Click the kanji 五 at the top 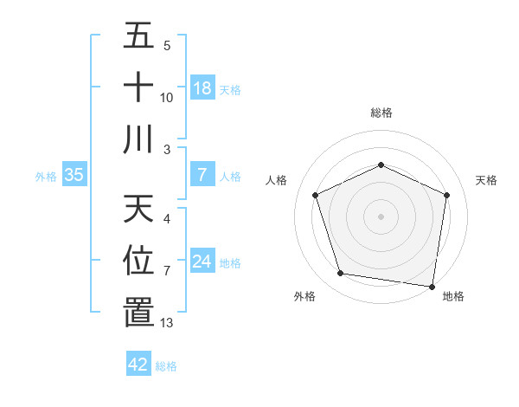click(x=139, y=36)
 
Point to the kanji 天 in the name click(x=139, y=209)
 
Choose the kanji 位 click(x=139, y=260)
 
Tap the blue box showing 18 click(x=202, y=88)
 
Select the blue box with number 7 click(x=202, y=175)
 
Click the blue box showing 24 click(x=202, y=262)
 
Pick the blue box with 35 click(x=74, y=175)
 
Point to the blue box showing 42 click(x=138, y=365)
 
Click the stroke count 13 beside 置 click(x=167, y=323)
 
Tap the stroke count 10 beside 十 click(x=167, y=98)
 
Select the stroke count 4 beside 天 click(x=167, y=219)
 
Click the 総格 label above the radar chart click(x=381, y=113)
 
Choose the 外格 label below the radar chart click(x=304, y=296)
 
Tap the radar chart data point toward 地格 click(x=432, y=286)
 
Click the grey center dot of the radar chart click(x=381, y=216)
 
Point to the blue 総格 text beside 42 click(x=166, y=366)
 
